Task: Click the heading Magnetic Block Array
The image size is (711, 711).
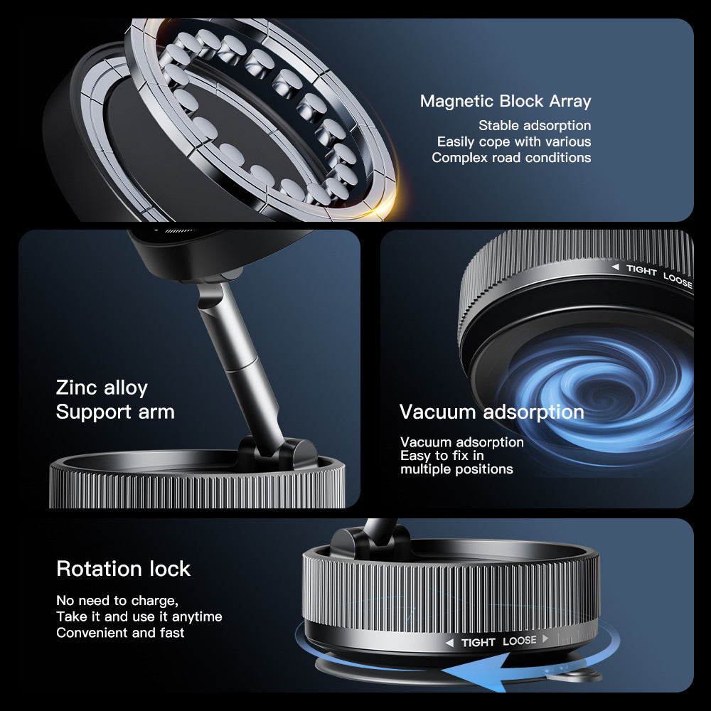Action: click(506, 101)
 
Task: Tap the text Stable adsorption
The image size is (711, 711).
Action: click(535, 126)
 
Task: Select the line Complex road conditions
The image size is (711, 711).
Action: click(511, 157)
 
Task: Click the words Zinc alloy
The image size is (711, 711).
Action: click(102, 387)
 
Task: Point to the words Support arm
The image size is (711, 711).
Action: click(115, 412)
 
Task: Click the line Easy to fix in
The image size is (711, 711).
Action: click(442, 456)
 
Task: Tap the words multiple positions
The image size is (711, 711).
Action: click(456, 469)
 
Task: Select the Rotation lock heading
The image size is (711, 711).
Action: click(124, 569)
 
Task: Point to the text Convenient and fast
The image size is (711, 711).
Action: click(120, 632)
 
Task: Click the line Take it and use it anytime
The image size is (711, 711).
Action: click(139, 616)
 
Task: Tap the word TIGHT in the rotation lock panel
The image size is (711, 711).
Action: click(478, 642)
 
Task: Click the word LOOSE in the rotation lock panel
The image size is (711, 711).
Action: click(520, 641)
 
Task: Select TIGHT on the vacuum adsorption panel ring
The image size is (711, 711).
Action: click(641, 271)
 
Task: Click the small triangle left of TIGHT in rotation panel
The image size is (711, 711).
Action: click(449, 643)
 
